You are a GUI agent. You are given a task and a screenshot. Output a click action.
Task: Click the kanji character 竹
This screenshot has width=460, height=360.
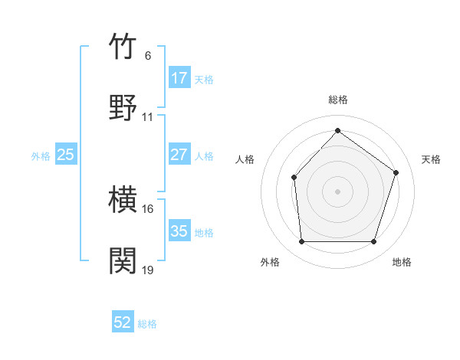(123, 47)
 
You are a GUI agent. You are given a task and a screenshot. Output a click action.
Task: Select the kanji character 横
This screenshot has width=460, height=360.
(123, 200)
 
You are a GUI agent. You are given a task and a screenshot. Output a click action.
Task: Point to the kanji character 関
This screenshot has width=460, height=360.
(123, 260)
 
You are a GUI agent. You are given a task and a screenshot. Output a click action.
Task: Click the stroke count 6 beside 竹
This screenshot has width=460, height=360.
(148, 55)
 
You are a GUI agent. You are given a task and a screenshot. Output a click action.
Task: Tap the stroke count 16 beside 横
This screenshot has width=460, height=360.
(148, 208)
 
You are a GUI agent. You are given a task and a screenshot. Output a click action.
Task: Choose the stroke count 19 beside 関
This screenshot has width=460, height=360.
(148, 270)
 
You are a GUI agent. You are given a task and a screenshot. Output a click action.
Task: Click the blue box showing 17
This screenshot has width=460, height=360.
(179, 78)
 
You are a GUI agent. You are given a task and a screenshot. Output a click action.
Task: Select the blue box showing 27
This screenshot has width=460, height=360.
(179, 155)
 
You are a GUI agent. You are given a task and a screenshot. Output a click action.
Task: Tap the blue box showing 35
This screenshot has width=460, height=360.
(179, 231)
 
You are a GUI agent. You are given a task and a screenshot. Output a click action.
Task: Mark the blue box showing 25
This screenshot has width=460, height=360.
(65, 155)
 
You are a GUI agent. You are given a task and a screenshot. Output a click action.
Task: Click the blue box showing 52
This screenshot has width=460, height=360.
(123, 323)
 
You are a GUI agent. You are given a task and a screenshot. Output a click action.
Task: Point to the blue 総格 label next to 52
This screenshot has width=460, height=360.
(147, 324)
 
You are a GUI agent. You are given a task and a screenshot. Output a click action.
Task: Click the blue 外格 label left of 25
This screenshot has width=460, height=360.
(41, 156)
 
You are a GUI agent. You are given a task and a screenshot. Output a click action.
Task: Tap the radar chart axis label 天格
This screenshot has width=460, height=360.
(432, 159)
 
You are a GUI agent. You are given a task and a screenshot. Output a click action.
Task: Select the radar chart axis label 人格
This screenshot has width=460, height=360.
(245, 159)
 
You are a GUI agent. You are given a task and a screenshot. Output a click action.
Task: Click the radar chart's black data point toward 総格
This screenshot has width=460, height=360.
(337, 130)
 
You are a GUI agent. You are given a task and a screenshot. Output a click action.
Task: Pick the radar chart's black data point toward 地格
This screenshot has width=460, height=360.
(374, 242)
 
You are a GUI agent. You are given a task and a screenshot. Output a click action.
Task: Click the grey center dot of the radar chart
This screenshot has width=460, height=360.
(337, 191)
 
